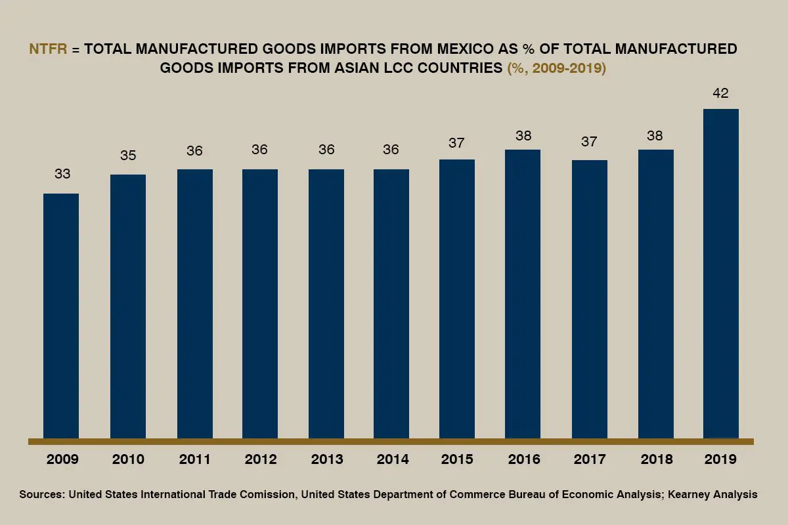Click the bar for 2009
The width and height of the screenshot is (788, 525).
(x=61, y=316)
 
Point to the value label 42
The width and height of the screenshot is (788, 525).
(x=720, y=94)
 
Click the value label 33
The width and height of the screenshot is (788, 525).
(x=62, y=175)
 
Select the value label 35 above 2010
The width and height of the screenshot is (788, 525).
(x=128, y=156)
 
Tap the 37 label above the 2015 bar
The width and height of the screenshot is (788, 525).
(x=457, y=142)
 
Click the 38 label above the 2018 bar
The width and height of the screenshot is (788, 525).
(x=655, y=136)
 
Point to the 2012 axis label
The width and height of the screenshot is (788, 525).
(x=261, y=459)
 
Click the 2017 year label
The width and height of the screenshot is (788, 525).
(x=590, y=459)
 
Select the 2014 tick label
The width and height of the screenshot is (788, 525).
(x=393, y=459)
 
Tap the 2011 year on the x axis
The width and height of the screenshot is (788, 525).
(x=195, y=459)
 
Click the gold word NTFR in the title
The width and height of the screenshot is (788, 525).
(x=48, y=49)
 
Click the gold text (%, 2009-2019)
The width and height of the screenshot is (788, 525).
(x=556, y=68)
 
